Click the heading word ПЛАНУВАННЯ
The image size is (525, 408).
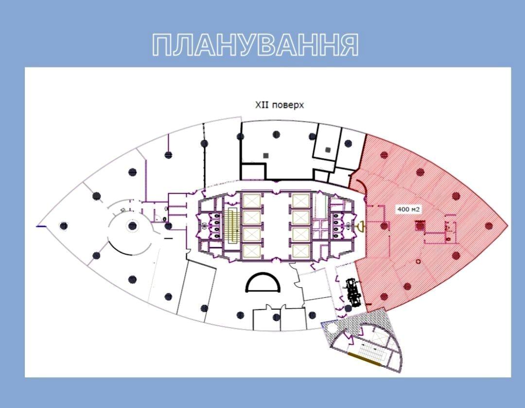256,45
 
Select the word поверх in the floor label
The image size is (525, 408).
288,106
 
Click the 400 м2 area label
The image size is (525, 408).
408,210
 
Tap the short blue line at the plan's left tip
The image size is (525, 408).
41,227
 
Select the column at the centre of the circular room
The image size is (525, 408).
133,226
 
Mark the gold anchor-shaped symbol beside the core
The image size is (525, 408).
361,226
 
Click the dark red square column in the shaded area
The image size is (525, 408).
420,226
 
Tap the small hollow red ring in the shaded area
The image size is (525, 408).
418,261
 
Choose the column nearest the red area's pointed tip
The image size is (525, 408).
489,226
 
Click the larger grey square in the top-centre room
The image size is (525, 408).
266,156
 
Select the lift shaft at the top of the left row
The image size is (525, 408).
252,201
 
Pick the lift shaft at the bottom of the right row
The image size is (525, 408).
301,251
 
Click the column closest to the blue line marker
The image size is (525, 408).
64,226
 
